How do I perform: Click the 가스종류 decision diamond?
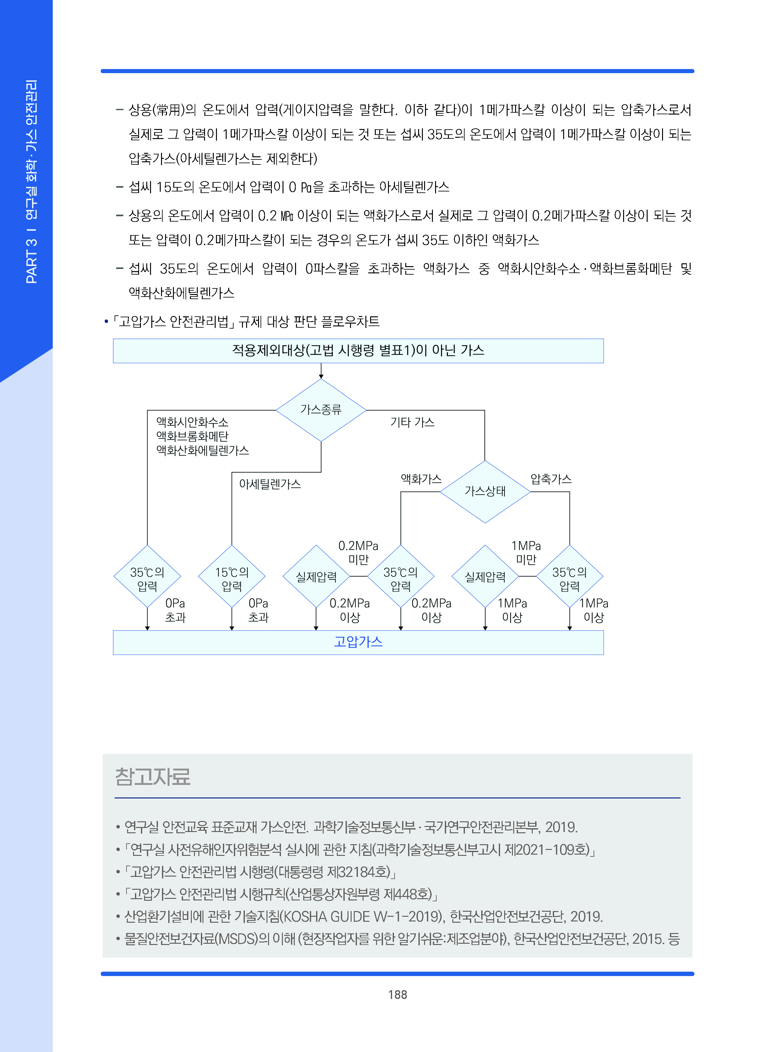point(321,410)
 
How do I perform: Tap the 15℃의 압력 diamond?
point(232,579)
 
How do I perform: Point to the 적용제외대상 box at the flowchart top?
point(358,350)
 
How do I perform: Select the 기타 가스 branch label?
point(412,422)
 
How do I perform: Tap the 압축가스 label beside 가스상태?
point(551,479)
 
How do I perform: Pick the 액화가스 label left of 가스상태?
point(421,479)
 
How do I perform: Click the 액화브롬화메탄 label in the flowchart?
point(192,436)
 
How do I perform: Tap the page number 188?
point(397,995)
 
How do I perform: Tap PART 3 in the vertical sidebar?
point(31,261)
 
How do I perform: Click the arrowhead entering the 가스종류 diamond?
point(321,376)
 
